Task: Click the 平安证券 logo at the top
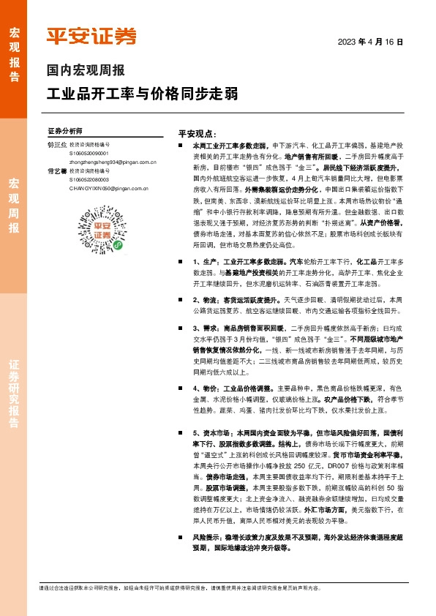coord(91,36)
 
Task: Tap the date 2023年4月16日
coord(370,42)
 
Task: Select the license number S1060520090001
coord(89,154)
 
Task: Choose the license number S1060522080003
coord(89,179)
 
